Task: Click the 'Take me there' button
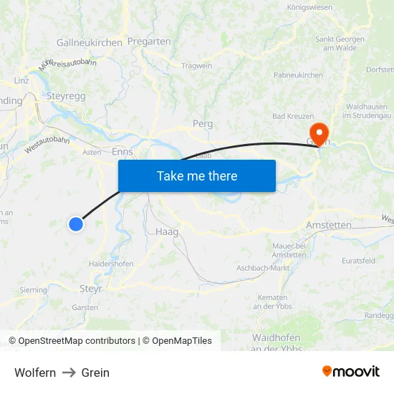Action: coord(197,176)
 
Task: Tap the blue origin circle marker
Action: coord(75,224)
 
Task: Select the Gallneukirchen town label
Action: coord(90,43)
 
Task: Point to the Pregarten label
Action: coord(149,42)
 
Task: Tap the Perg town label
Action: coord(203,124)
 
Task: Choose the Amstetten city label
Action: coord(328,225)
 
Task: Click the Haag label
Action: coord(166,232)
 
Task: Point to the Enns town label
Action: coord(122,152)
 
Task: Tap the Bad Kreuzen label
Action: coord(292,116)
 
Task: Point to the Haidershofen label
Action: coord(111,264)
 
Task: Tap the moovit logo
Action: coord(350,372)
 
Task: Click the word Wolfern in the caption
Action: coord(35,373)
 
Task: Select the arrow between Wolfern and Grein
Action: coord(69,373)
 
